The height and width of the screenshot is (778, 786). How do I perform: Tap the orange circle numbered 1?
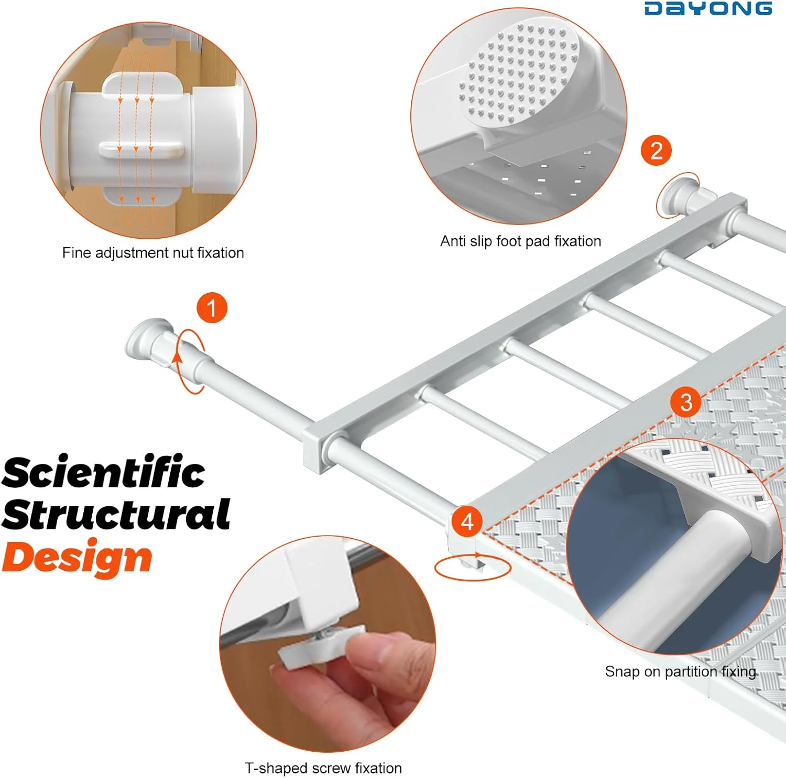point(212,308)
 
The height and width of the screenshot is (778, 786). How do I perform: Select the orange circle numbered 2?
point(656,151)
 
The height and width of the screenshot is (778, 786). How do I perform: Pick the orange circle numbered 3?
point(686,402)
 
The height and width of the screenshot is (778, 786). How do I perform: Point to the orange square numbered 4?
point(467,521)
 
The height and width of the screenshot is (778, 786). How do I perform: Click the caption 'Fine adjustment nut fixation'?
point(153,253)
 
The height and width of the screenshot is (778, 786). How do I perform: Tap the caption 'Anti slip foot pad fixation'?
point(520,241)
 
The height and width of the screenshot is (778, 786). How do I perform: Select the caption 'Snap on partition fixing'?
point(680,672)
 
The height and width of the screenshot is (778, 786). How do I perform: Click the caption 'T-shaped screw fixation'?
point(323,768)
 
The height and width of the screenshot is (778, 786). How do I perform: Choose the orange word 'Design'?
point(77,558)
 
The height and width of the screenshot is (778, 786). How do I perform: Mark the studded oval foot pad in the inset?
point(519,73)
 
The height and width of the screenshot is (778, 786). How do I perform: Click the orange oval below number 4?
point(473,567)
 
